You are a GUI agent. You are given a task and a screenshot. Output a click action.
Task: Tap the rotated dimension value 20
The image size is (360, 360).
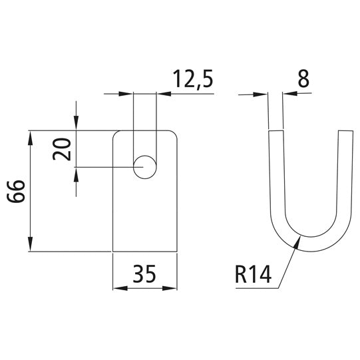click(63, 148)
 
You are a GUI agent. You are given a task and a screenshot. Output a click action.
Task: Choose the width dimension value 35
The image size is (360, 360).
click(145, 274)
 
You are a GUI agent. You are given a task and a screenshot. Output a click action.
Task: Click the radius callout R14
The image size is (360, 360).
click(254, 274)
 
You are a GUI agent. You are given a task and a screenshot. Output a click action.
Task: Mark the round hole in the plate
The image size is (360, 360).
click(144, 166)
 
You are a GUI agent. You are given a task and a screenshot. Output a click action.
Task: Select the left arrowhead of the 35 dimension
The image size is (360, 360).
click(116, 288)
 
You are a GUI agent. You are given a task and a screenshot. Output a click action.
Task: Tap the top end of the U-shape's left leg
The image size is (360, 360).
click(275, 131)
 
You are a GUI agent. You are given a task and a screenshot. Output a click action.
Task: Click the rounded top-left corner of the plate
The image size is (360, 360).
click(115, 134)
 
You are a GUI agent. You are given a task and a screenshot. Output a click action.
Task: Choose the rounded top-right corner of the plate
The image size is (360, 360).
click(176, 134)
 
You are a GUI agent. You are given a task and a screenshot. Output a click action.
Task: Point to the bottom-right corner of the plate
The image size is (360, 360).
click(178, 251)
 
